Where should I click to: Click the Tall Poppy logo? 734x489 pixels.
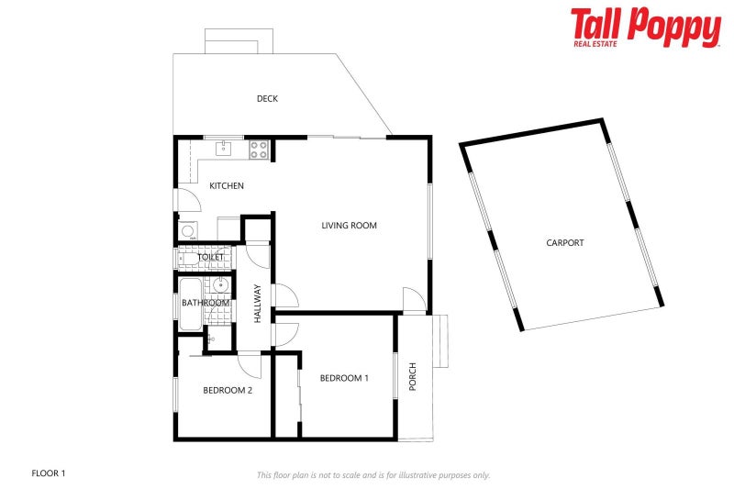click(x=645, y=27)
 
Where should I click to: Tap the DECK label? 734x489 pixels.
click(x=267, y=99)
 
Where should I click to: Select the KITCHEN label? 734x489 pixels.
click(x=227, y=186)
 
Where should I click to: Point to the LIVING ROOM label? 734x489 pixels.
click(x=349, y=226)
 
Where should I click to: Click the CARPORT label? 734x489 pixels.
click(x=565, y=243)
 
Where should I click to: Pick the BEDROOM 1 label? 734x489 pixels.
click(x=344, y=378)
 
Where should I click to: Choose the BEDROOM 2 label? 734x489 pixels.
click(x=228, y=390)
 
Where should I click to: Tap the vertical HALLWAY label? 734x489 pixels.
click(x=258, y=303)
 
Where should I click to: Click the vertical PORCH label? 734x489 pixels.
click(x=413, y=376)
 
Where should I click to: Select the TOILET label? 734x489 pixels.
click(x=211, y=258)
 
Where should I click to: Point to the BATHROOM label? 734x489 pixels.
click(x=205, y=303)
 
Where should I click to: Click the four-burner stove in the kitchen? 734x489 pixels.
click(x=259, y=149)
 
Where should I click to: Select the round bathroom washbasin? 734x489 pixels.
click(x=220, y=285)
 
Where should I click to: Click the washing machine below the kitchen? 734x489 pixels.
click(x=187, y=232)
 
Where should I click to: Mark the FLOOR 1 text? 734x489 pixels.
click(x=49, y=473)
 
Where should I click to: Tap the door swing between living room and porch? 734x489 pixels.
click(x=414, y=300)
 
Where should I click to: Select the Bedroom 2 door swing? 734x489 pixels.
click(x=250, y=365)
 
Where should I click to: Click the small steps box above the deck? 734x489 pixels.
click(x=239, y=40)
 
